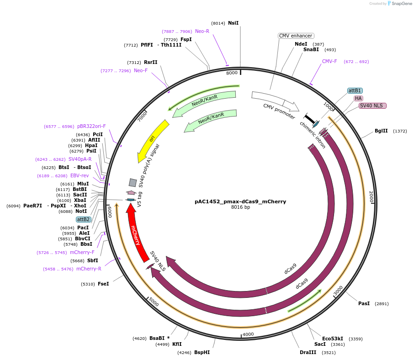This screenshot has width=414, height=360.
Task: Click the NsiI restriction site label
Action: [x=233, y=23]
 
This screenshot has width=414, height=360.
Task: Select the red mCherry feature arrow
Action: [x=135, y=230]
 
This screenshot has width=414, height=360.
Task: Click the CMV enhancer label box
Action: [x=296, y=36]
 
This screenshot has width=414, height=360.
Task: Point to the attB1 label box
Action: [x=355, y=90]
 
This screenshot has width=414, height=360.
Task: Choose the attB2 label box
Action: [x=83, y=219]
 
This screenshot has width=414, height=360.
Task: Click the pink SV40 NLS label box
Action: [x=372, y=106]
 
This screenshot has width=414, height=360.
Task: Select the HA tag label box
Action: [x=358, y=98]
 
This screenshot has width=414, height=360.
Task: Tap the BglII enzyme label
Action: [x=381, y=131]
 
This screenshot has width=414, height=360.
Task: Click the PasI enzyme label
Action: [x=364, y=303]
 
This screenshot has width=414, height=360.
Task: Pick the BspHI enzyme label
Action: [x=202, y=352]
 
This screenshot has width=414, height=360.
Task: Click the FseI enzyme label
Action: [x=103, y=284]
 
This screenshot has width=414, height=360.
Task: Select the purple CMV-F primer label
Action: [x=329, y=61]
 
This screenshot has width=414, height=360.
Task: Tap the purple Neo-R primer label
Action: [x=202, y=31]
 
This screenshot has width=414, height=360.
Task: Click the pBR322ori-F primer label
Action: [x=91, y=126]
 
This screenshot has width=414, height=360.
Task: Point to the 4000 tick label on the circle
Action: [x=248, y=334]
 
